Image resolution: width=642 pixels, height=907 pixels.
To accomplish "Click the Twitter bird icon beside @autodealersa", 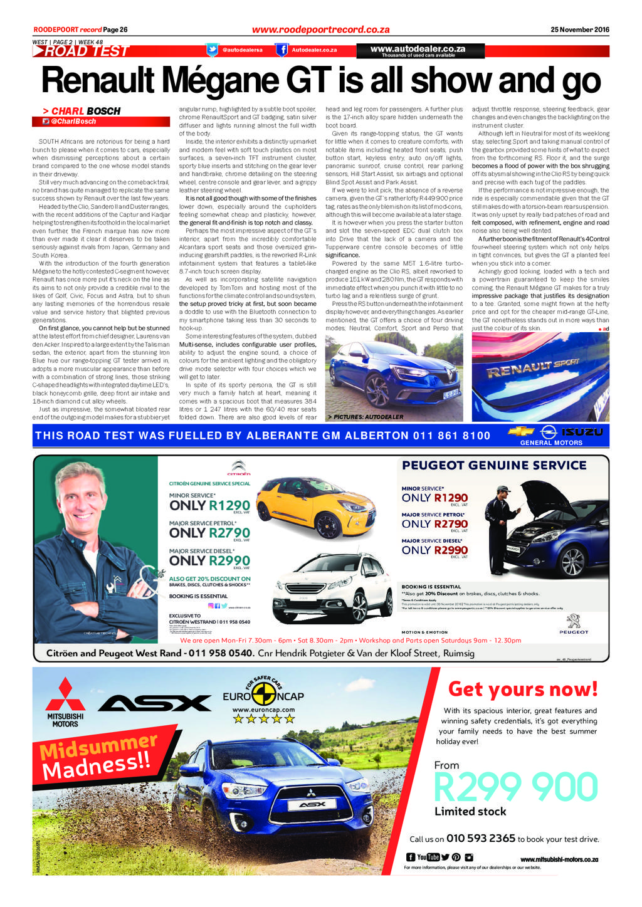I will (x=213, y=50).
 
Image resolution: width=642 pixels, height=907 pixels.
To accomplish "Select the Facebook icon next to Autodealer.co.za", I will (x=283, y=50).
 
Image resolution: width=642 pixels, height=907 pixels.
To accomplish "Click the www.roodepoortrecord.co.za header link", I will (x=320, y=29).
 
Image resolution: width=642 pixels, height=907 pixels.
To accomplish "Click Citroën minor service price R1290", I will (x=229, y=505).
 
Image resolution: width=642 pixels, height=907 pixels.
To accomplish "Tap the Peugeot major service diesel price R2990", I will (x=450, y=550).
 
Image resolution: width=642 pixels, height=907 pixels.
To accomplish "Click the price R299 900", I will (x=515, y=787).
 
